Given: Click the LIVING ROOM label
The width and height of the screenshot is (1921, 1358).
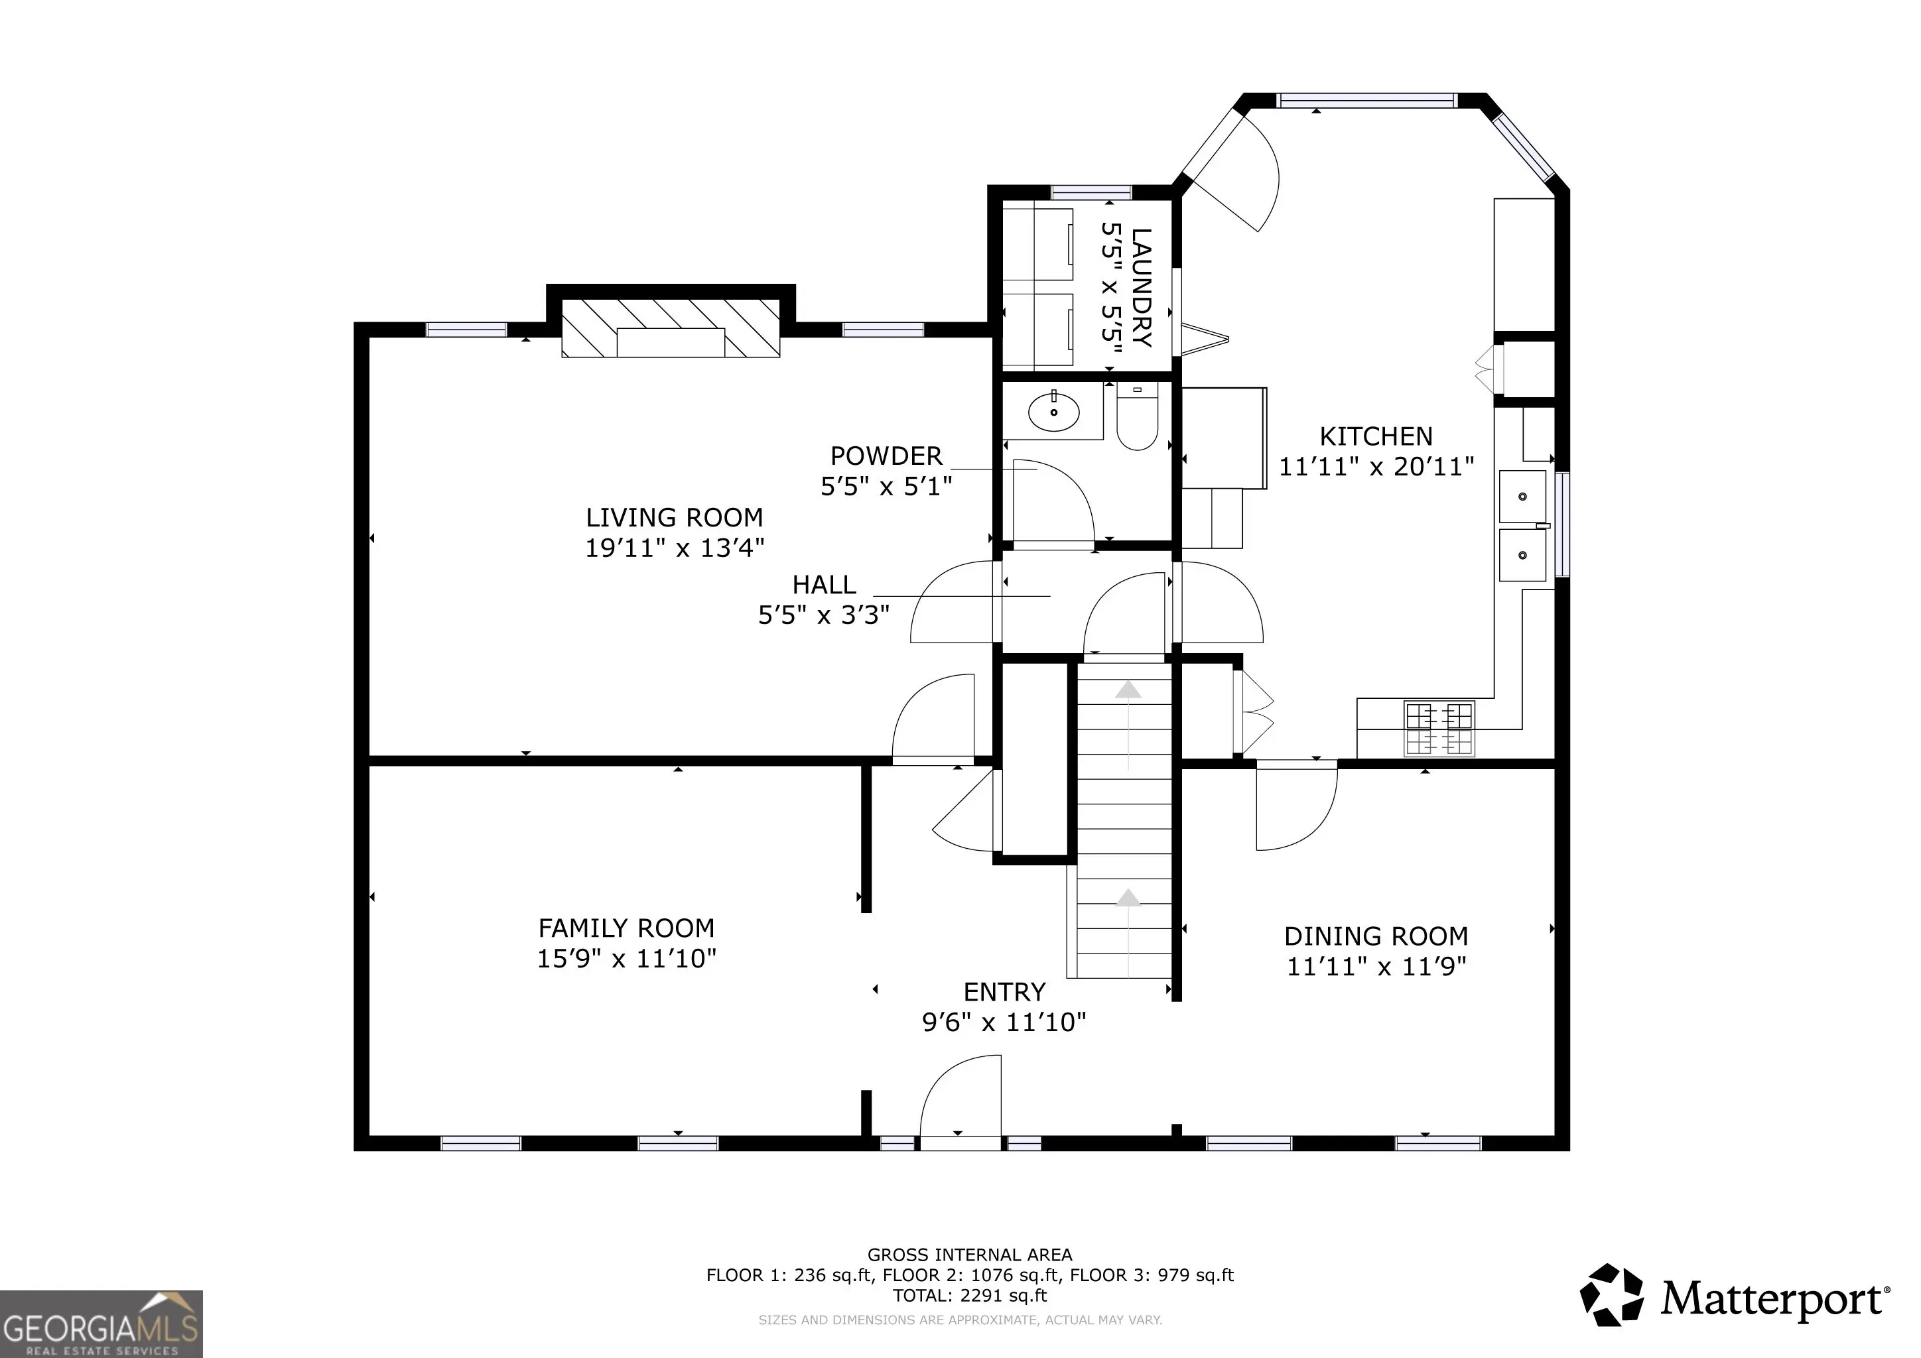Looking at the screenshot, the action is (x=675, y=518).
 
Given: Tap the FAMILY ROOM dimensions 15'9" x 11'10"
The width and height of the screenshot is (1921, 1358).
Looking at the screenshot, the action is (x=627, y=958).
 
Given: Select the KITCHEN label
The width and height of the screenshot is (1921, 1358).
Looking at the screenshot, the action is (x=1376, y=436).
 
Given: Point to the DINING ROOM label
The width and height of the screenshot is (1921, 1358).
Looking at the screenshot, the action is (x=1376, y=936).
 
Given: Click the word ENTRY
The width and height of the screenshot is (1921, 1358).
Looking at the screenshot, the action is (x=1004, y=992).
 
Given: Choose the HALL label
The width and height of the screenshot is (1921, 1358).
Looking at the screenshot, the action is (x=824, y=584).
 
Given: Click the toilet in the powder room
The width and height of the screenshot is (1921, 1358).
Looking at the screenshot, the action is (x=1137, y=416).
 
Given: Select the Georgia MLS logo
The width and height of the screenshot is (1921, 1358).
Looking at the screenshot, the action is (x=101, y=1324).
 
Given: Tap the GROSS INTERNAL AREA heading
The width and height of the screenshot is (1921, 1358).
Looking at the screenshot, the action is (x=970, y=1255).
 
